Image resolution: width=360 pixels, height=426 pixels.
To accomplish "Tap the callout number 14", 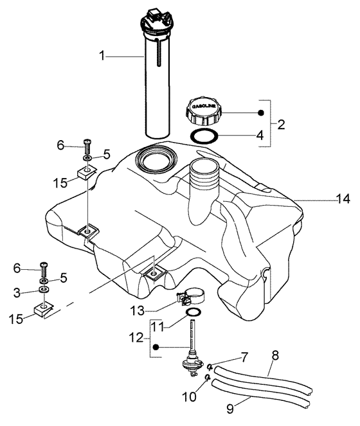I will click(342, 199).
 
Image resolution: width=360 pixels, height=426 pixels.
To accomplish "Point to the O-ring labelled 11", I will click(192, 313).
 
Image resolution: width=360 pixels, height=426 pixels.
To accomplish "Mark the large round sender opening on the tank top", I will click(156, 159).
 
